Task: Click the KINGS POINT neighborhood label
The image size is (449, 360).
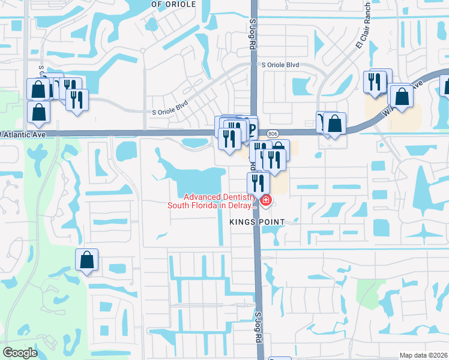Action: [x=256, y=221]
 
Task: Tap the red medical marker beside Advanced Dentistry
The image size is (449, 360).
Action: [x=265, y=199]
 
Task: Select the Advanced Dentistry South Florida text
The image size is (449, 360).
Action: [x=220, y=201]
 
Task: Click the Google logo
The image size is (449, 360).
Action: [x=20, y=353]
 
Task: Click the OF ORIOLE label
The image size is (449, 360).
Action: [x=173, y=4]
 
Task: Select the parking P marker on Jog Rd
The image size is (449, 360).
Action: [x=252, y=128]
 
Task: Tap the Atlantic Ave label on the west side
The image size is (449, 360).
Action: [x=23, y=134]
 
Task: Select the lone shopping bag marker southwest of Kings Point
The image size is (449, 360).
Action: [x=87, y=260]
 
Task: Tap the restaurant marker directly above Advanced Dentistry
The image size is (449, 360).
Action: [x=258, y=182]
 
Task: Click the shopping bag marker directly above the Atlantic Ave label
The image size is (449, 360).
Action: [x=38, y=112]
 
